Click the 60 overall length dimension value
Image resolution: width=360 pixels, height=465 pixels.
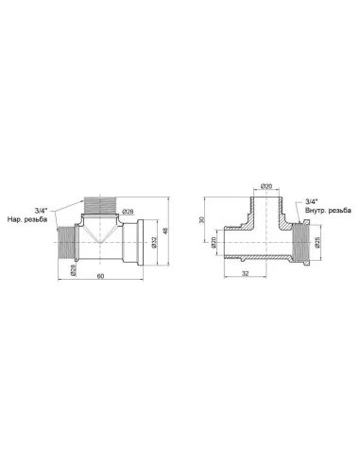pyautogui.click(x=100, y=276)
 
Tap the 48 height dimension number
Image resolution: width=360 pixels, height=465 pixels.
pyautogui.click(x=165, y=231)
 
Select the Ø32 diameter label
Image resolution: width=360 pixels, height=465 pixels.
pyautogui.click(x=154, y=242)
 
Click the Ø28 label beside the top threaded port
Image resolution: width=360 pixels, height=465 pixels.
pyautogui.click(x=128, y=212)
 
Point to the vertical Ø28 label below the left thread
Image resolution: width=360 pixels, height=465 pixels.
pyautogui.click(x=73, y=270)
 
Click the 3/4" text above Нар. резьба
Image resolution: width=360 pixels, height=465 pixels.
pyautogui.click(x=41, y=210)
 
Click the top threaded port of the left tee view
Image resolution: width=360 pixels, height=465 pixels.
pyautogui.click(x=100, y=205)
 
